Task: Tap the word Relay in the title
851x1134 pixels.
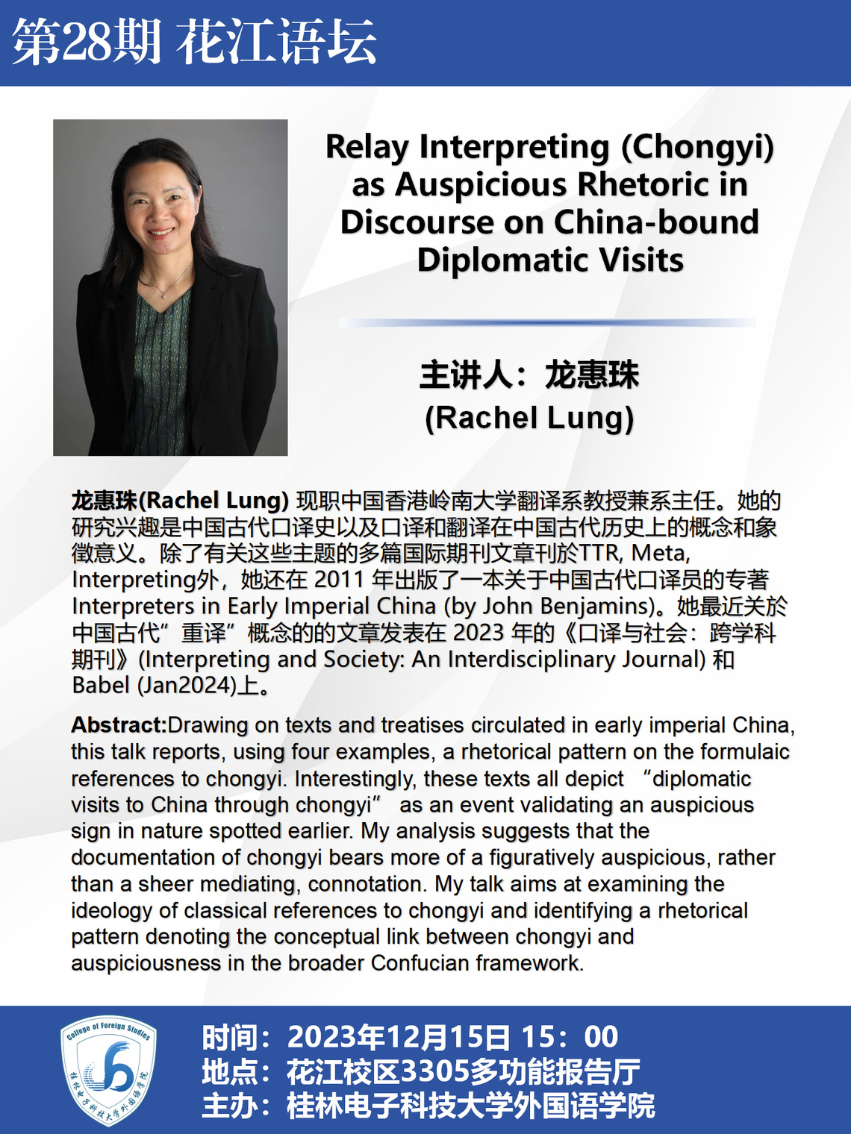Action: point(367,146)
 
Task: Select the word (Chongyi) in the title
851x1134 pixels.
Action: point(697,146)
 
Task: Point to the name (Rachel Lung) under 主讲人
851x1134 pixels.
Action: point(529,418)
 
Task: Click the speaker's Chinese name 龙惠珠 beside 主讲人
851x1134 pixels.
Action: point(591,375)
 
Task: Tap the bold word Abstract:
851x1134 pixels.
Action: point(119,725)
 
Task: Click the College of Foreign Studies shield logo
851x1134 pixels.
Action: point(108,1069)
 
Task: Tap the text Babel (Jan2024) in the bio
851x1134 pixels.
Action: point(154,685)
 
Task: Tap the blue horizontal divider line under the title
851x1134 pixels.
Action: point(546,322)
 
